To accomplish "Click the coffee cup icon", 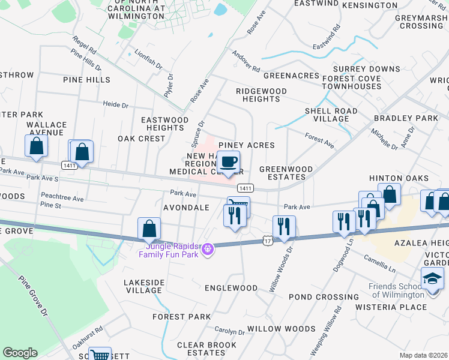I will tap(228, 163).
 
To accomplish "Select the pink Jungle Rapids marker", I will tap(208, 248).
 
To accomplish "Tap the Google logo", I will tap(20, 353).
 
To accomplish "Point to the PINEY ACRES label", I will tap(246, 145).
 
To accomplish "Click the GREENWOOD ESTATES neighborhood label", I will tap(286, 173).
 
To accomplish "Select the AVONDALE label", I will tap(186, 208).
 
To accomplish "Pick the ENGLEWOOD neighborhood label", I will tap(231, 288).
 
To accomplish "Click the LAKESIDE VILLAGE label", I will tap(143, 286).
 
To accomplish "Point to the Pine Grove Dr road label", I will tap(32, 296).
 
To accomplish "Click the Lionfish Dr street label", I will tap(148, 59).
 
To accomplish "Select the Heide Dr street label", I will tap(116, 105).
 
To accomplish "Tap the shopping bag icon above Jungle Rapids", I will tap(149, 229).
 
